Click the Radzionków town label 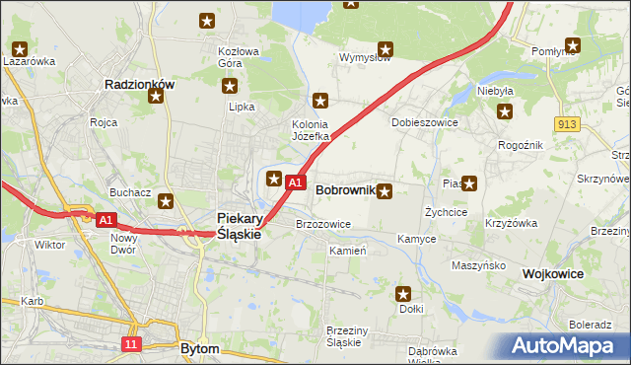(x=139, y=85)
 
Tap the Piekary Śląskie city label (x=239, y=226)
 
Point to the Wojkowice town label (x=553, y=273)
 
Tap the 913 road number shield (x=566, y=122)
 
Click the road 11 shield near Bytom (x=131, y=343)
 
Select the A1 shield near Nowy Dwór (x=106, y=220)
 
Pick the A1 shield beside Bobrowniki (x=294, y=182)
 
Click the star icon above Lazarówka (x=21, y=46)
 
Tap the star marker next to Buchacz (x=166, y=201)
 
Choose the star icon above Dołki (x=403, y=293)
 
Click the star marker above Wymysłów (x=386, y=47)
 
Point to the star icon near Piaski (x=469, y=182)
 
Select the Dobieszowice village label (x=420, y=122)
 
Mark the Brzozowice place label (x=323, y=224)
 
